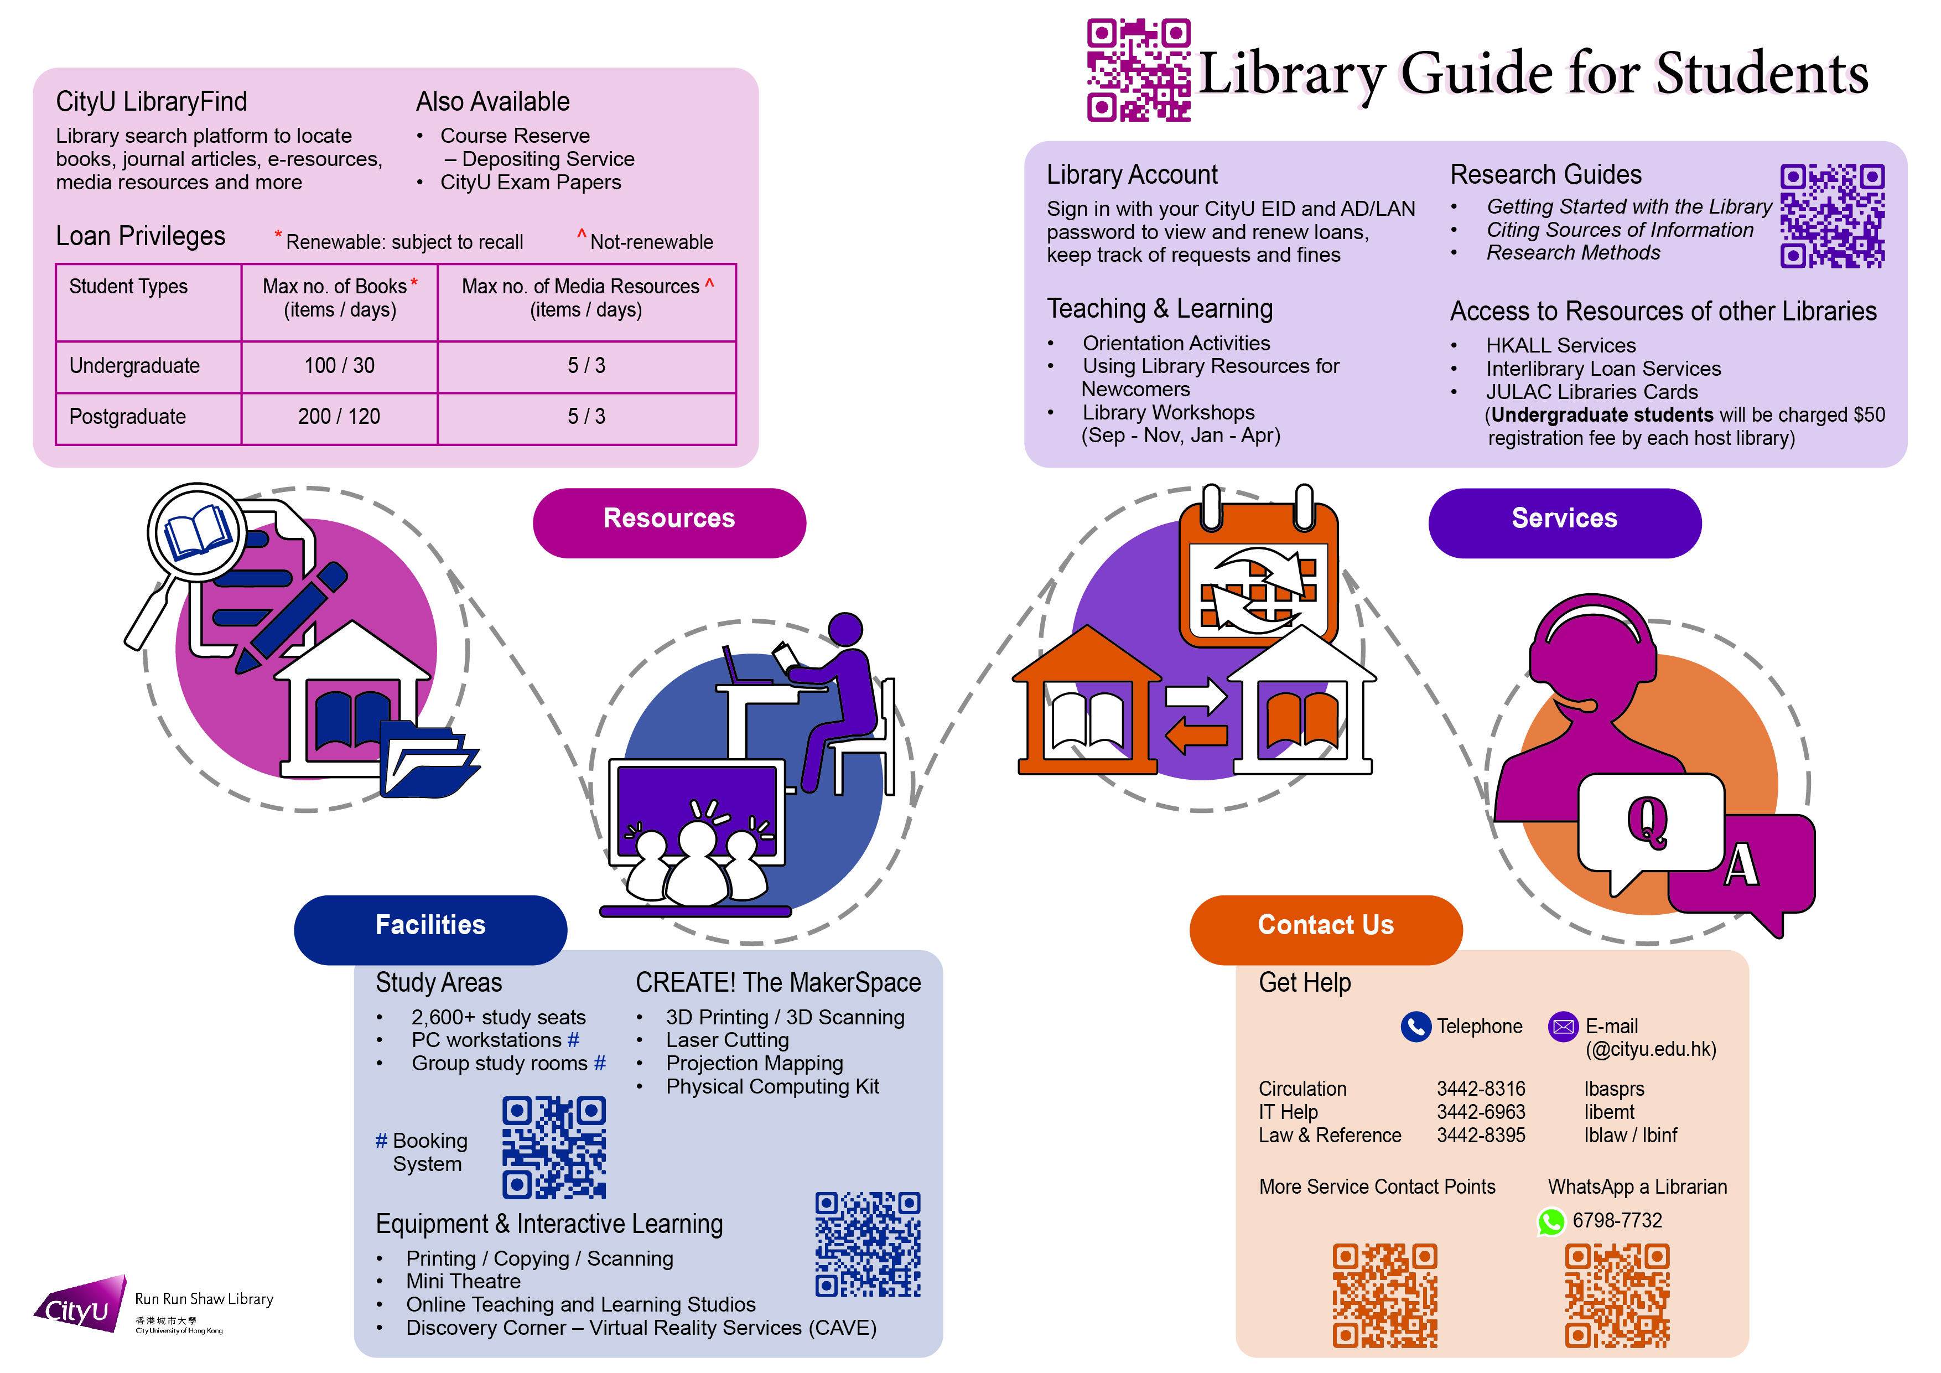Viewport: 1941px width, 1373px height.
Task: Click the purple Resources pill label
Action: [x=669, y=522]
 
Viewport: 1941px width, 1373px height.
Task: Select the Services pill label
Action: [x=1564, y=522]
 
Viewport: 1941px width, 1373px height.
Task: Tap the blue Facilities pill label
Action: [x=430, y=929]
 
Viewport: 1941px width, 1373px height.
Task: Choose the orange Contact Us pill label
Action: [x=1326, y=929]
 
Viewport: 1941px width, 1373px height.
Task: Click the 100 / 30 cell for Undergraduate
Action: [x=339, y=365]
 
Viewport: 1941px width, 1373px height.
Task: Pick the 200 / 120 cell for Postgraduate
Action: [x=339, y=416]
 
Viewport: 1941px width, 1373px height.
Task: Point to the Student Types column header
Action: [x=128, y=287]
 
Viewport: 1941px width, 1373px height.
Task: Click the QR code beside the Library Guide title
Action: [x=1138, y=70]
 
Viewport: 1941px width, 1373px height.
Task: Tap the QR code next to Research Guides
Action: [x=1832, y=216]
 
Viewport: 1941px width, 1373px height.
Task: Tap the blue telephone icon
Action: [x=1415, y=1027]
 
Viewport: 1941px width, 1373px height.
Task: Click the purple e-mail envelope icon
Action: [x=1563, y=1027]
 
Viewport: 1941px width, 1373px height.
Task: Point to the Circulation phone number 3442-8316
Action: [x=1481, y=1089]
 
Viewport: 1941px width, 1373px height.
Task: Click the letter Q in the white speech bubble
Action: [x=1647, y=820]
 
